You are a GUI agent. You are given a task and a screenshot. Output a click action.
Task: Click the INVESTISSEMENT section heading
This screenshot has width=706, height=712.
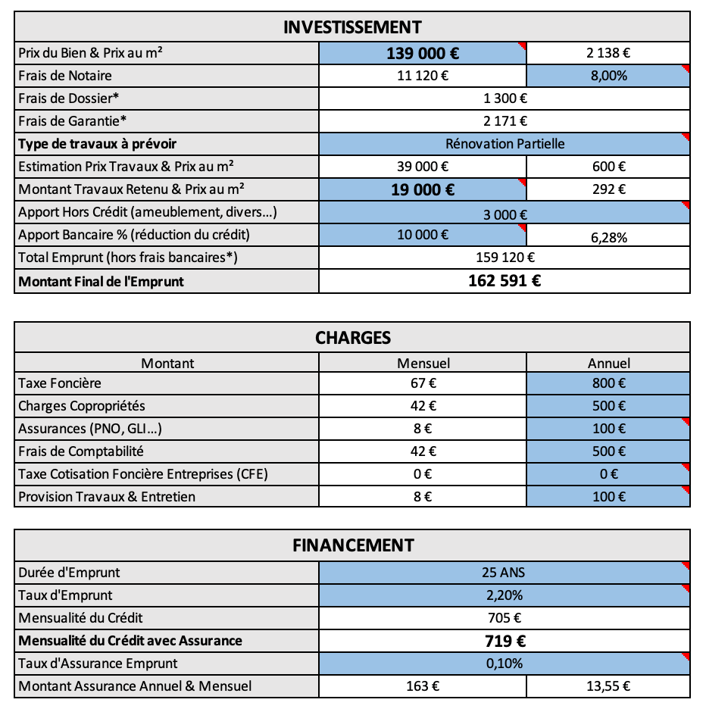click(352, 27)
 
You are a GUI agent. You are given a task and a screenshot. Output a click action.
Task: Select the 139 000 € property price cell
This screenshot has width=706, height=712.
click(423, 53)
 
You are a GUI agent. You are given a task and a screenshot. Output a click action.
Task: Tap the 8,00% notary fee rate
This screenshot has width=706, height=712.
click(608, 76)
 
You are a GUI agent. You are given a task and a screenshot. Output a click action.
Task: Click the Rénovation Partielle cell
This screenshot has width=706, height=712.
click(505, 144)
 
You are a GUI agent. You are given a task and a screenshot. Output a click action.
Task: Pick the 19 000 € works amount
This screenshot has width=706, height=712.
click(423, 189)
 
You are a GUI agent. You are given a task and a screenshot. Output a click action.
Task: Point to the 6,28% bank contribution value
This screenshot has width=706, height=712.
click(608, 238)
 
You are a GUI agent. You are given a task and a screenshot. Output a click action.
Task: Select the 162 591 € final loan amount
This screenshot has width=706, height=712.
click(505, 282)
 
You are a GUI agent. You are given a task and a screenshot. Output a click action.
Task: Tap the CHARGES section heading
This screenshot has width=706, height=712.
click(352, 338)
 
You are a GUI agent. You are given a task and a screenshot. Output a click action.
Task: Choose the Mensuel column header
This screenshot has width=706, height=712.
click(423, 364)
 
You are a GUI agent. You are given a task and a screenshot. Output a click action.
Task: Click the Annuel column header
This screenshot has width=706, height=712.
click(608, 364)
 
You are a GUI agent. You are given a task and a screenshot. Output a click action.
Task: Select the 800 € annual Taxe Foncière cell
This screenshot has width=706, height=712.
click(608, 384)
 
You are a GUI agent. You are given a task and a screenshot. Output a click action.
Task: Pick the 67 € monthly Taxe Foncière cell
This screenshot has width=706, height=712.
click(423, 384)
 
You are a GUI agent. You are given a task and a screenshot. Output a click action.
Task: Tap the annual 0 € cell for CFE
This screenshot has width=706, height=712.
click(608, 475)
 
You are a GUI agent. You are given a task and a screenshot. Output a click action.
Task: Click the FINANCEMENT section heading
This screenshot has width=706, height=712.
click(352, 545)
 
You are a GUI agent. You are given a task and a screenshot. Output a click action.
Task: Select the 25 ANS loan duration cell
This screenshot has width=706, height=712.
click(505, 573)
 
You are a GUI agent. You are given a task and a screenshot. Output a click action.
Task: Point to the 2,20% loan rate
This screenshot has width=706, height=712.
click(505, 595)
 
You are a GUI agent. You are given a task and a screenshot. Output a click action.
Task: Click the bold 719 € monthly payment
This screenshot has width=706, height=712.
click(505, 642)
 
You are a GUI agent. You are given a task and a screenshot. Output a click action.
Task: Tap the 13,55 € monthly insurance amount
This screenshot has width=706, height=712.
click(608, 687)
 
